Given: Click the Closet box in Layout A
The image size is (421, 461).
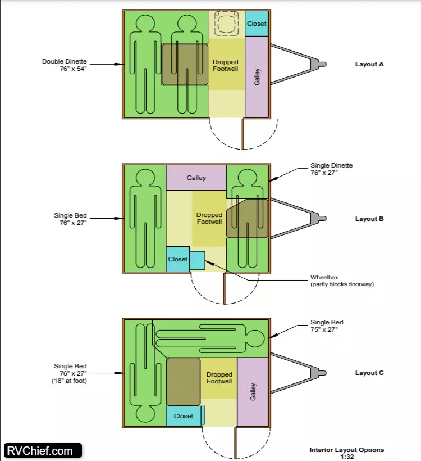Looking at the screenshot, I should click(257, 24).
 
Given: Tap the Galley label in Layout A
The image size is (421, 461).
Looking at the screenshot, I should click(257, 77).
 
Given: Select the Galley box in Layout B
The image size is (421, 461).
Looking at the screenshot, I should click(196, 178).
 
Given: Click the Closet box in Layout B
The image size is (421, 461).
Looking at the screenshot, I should click(178, 259).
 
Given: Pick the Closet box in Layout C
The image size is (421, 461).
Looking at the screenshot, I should click(184, 416).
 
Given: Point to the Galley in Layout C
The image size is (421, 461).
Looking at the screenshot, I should click(253, 392).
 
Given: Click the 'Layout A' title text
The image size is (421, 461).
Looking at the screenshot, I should click(369, 64).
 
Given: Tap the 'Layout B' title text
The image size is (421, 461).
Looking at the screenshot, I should click(369, 219).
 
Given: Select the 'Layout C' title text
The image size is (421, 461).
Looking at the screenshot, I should click(369, 373).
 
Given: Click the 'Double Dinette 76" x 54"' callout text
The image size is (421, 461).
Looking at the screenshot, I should click(65, 65).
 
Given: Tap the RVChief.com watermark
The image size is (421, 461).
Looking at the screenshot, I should click(41, 450).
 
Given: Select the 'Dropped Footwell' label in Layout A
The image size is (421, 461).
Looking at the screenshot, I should click(226, 65).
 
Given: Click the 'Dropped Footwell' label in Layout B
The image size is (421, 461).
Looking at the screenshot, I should click(209, 218).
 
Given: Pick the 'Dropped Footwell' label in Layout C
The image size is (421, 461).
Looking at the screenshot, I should click(219, 378).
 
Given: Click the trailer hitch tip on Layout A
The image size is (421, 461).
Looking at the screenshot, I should click(322, 64).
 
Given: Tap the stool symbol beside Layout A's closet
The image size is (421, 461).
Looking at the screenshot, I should click(227, 24).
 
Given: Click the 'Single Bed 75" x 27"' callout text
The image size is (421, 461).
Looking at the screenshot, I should click(327, 326).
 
